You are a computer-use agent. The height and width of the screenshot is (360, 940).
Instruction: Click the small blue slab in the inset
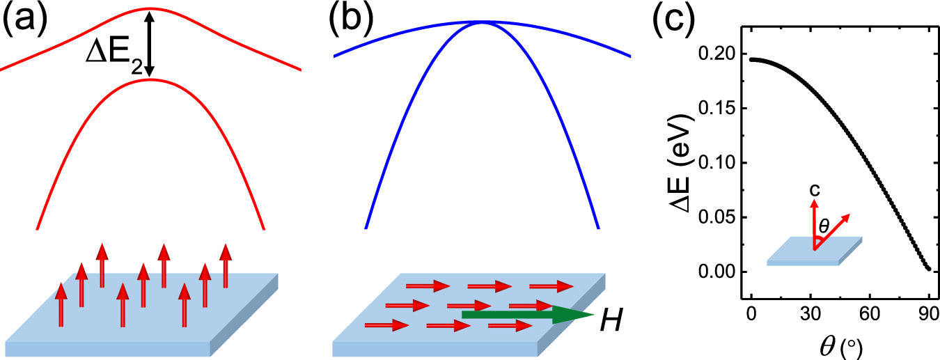(815, 251)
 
